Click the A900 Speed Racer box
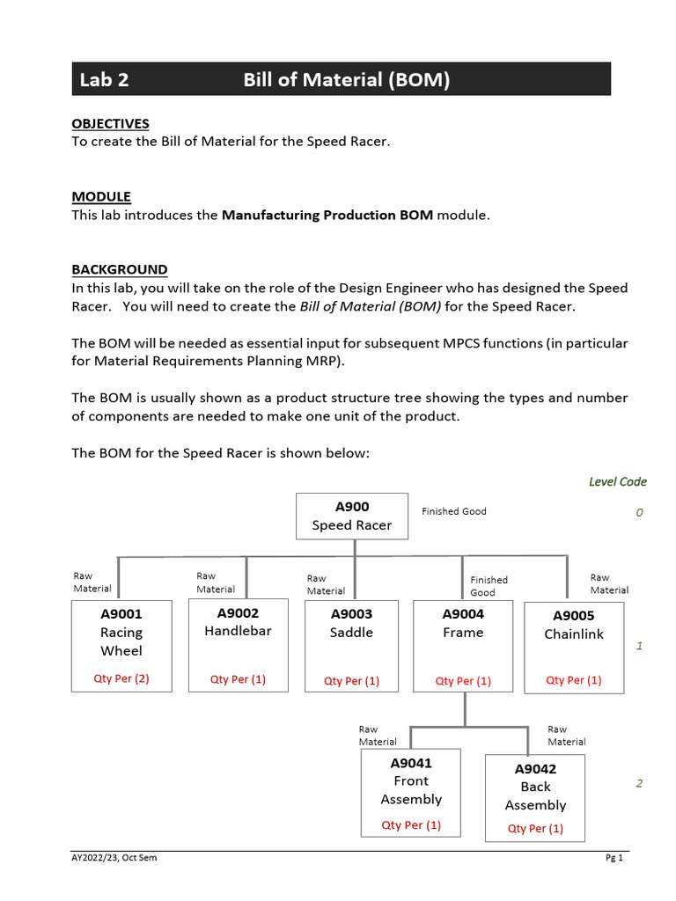click(351, 516)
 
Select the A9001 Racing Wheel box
click(121, 645)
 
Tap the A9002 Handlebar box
click(238, 645)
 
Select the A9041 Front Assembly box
click(411, 792)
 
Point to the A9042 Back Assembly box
click(535, 797)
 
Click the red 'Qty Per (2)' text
click(121, 678)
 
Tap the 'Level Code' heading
click(617, 481)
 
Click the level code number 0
click(639, 512)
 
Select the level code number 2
click(639, 784)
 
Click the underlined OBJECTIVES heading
click(110, 123)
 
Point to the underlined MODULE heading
click(101, 196)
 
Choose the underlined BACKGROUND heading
click(119, 269)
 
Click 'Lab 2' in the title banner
click(104, 80)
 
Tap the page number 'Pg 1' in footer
click(614, 858)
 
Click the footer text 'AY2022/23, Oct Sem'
click(114, 858)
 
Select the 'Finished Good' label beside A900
click(453, 511)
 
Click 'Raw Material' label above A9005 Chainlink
click(609, 583)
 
